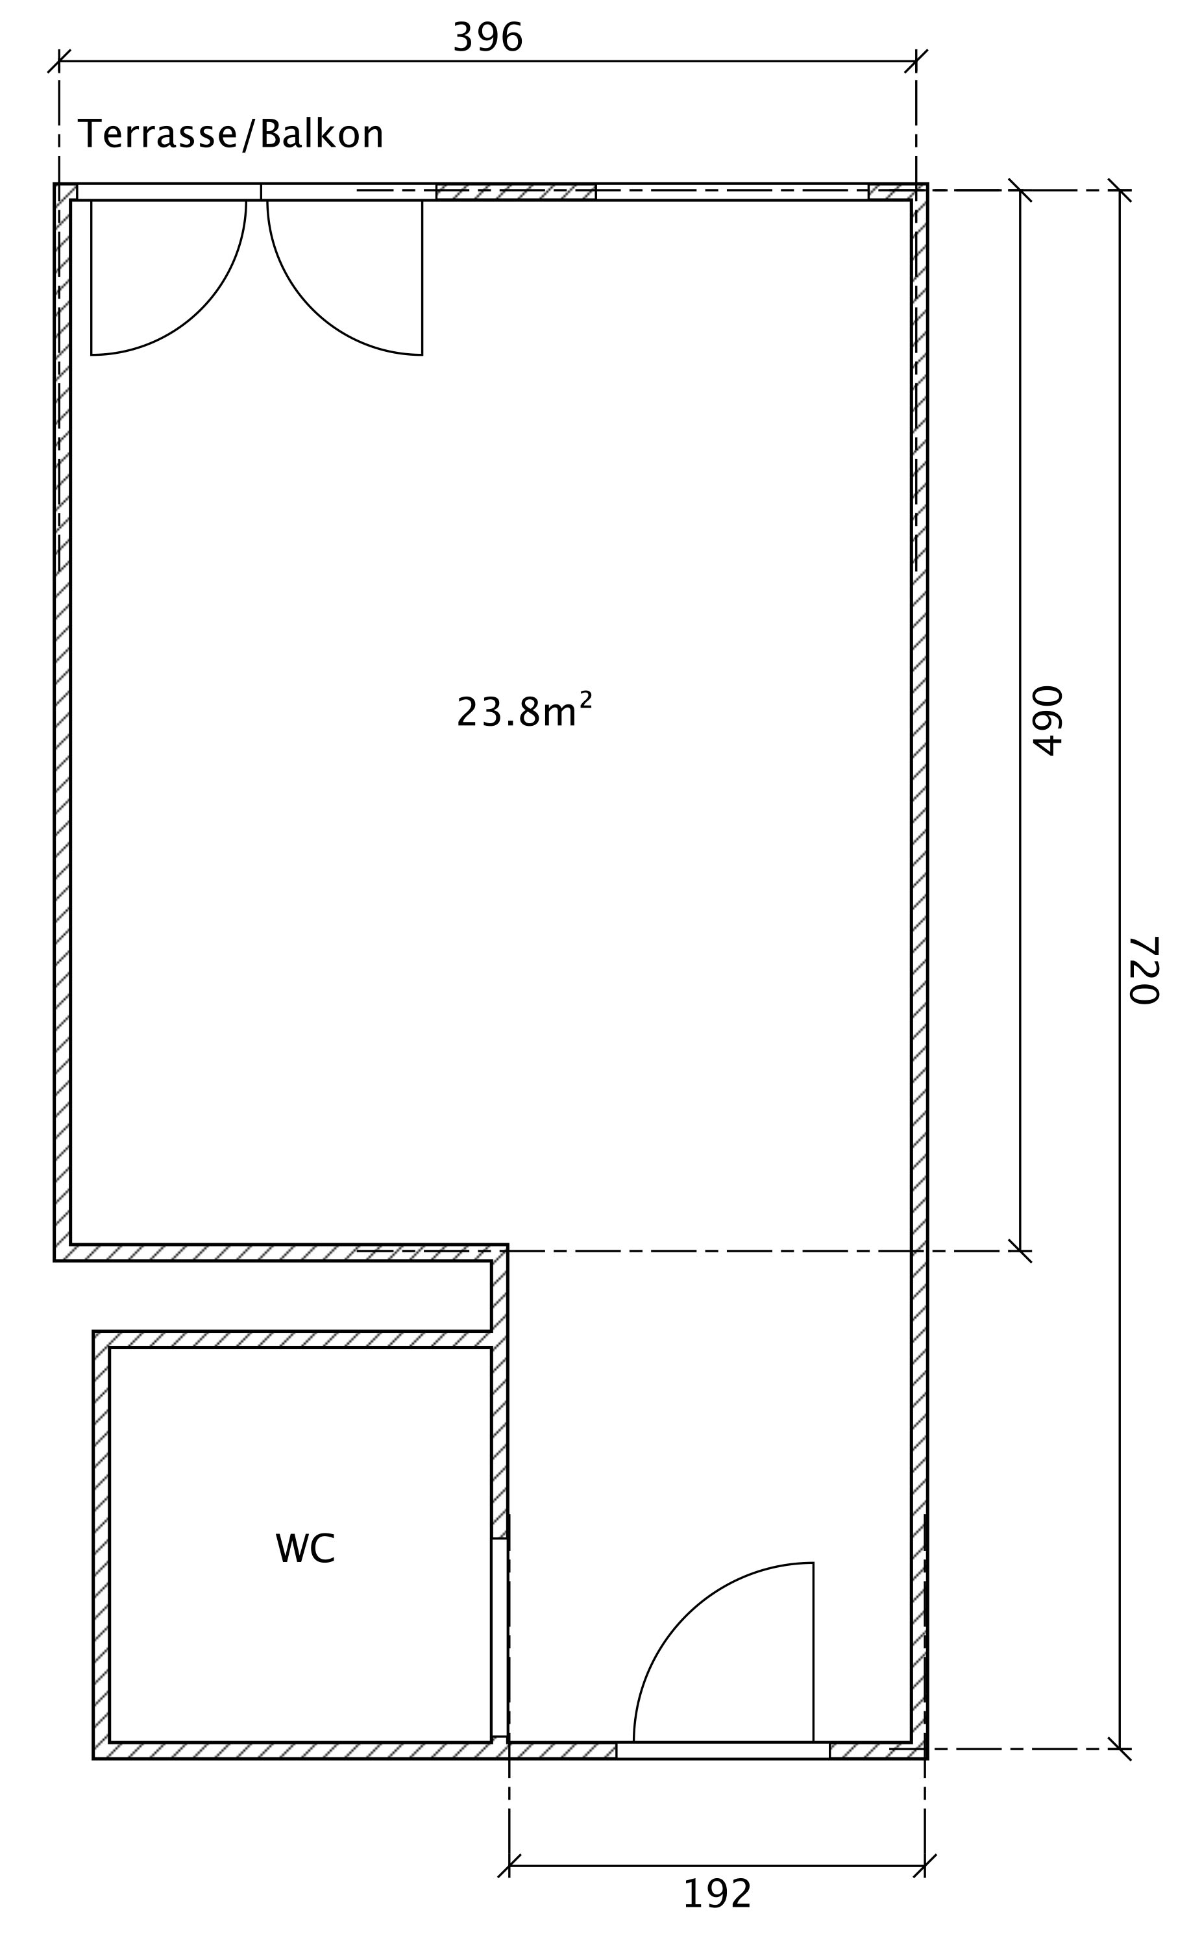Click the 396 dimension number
(x=487, y=38)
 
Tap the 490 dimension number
(x=1048, y=721)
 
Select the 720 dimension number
(x=1144, y=970)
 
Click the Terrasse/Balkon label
(x=230, y=134)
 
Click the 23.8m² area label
(x=524, y=710)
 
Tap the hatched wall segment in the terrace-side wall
(x=516, y=192)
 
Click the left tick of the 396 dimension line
(x=59, y=60)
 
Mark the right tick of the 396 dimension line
(x=916, y=60)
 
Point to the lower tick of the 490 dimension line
(x=1020, y=1250)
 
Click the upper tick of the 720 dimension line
(x=1120, y=190)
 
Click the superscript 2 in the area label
(x=586, y=699)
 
